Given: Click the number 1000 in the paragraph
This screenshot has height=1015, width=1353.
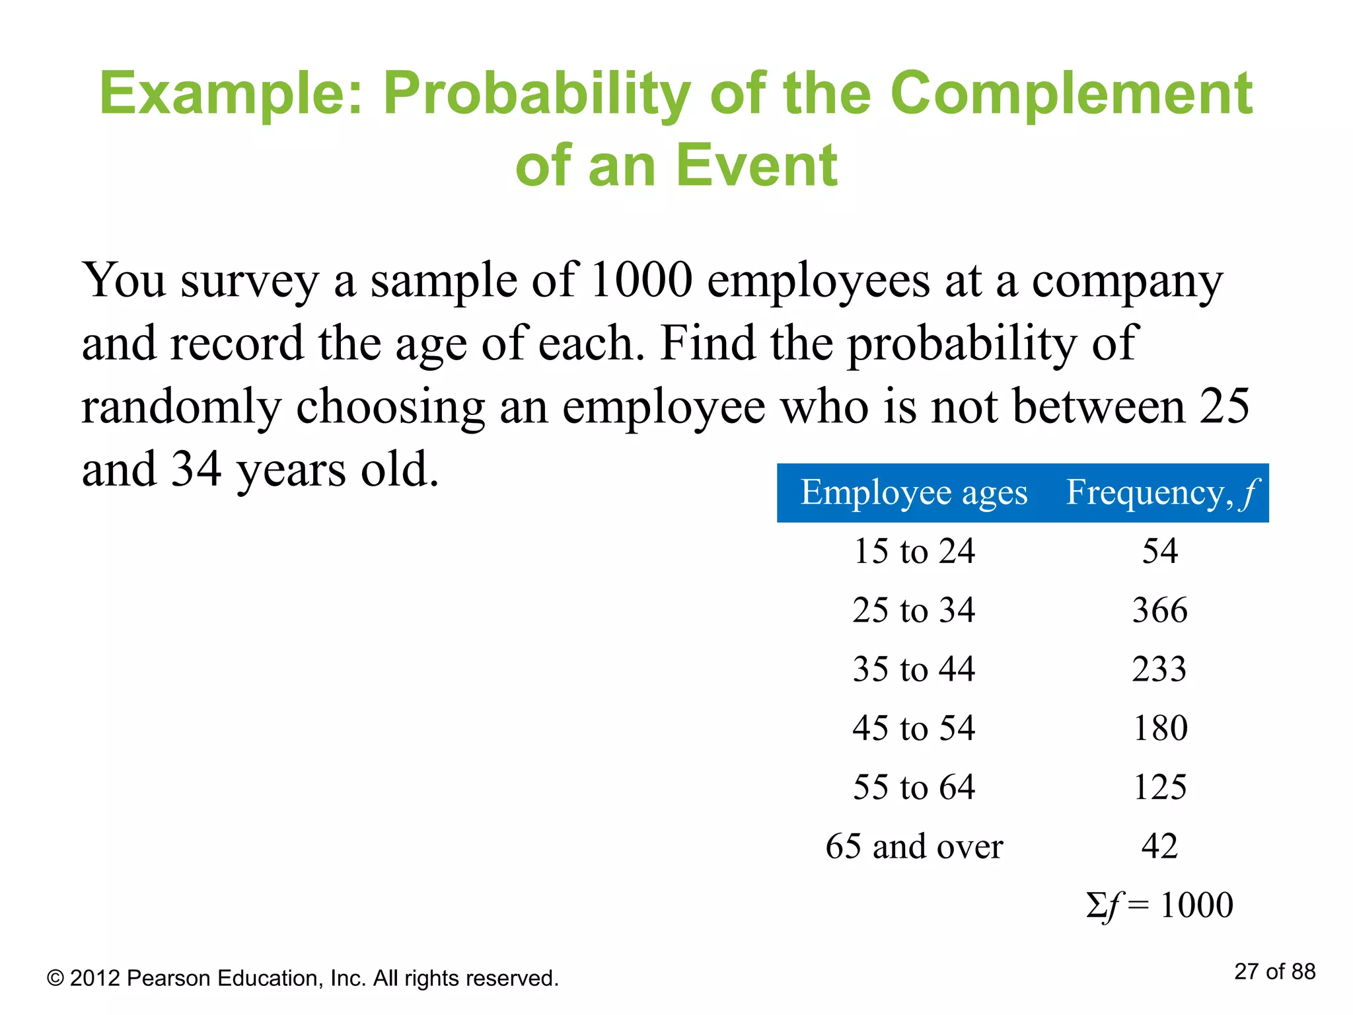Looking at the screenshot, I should coord(641,280).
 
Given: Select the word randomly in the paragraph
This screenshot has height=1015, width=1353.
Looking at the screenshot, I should coord(181,408).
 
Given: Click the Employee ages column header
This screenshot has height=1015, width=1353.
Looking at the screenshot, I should coord(914,493).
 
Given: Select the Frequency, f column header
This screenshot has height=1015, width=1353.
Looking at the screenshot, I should coord(1162,493).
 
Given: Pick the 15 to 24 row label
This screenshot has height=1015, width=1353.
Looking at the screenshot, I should coord(914,551).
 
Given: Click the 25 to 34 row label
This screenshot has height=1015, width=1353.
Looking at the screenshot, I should coord(914,610).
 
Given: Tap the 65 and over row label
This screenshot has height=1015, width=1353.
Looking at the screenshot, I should coord(914,846).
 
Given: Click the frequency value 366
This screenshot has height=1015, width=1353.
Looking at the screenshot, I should coord(1160,610).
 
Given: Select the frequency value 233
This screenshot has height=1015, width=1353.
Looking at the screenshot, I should coord(1159,669).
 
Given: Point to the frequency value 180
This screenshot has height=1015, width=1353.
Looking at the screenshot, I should coord(1160,728).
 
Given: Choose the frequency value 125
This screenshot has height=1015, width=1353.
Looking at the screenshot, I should coord(1160,787).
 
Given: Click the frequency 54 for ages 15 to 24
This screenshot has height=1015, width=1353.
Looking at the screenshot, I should coord(1160,551).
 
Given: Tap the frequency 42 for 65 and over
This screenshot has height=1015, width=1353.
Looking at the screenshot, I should coord(1160,846).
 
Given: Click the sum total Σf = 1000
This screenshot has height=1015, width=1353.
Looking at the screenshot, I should coord(1159,905).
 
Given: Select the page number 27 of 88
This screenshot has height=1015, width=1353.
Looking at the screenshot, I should coord(1274,972).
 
